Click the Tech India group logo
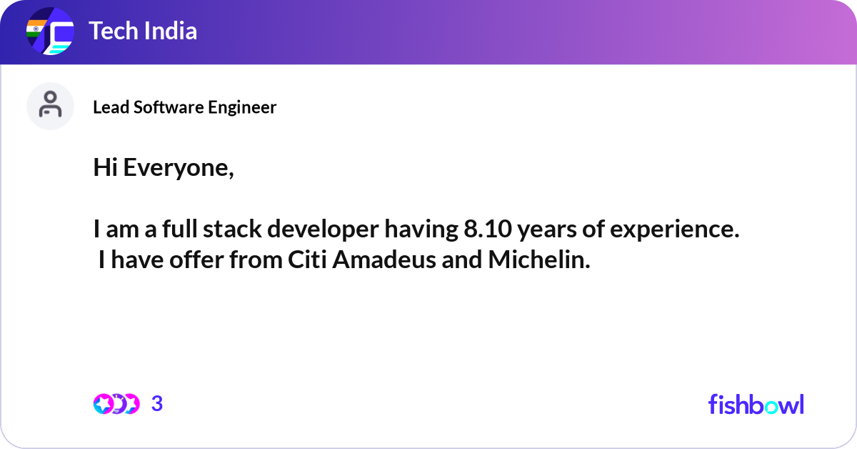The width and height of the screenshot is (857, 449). pos(50,31)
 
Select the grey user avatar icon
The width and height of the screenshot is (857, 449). pos(50,106)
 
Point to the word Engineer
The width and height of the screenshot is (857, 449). pos(242,108)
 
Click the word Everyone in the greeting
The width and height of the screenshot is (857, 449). pos(179,168)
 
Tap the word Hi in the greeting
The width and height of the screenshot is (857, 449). pos(105,167)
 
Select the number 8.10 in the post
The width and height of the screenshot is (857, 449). pos(488,229)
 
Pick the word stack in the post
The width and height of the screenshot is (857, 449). pos(232,229)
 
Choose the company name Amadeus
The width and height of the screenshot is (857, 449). pos(384,260)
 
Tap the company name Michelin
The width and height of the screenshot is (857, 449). pos(539,260)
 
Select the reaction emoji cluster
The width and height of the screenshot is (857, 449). pos(116,404)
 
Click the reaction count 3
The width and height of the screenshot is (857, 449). pos(157,404)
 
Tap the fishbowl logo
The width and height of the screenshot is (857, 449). pos(756,404)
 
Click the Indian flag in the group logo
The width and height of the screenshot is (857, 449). pos(36,29)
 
